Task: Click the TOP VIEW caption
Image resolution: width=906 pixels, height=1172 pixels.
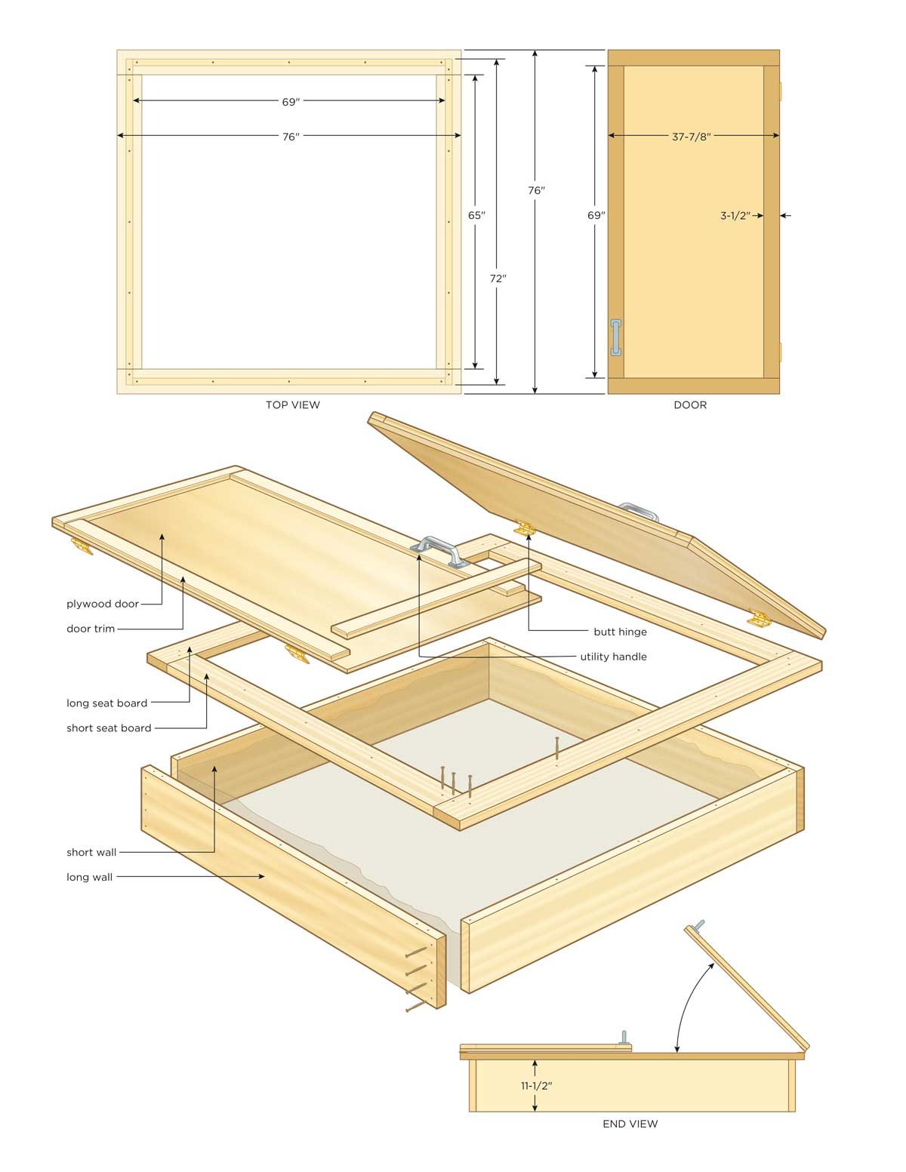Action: pyautogui.click(x=292, y=405)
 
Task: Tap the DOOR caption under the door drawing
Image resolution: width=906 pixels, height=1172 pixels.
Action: pyautogui.click(x=690, y=405)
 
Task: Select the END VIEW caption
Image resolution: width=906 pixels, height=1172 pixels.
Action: pyautogui.click(x=630, y=1124)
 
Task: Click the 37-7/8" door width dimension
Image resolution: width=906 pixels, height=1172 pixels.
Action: pyautogui.click(x=692, y=137)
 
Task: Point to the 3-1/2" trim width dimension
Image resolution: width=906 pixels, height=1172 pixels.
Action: pyautogui.click(x=735, y=216)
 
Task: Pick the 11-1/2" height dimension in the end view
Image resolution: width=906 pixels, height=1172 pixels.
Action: pyautogui.click(x=535, y=1086)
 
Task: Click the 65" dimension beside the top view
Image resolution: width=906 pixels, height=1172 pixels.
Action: pyautogui.click(x=476, y=215)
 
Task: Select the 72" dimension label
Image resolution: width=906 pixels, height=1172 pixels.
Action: pyautogui.click(x=498, y=278)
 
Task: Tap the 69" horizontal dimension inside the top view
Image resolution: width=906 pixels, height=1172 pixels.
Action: pyautogui.click(x=291, y=100)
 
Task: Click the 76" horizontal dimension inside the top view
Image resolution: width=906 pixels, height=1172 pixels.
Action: pyautogui.click(x=291, y=137)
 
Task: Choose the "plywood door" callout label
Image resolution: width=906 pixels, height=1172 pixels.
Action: pyautogui.click(x=103, y=604)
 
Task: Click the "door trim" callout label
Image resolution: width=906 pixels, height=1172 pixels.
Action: pyautogui.click(x=91, y=629)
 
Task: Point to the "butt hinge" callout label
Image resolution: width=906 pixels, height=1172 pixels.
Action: pyautogui.click(x=620, y=632)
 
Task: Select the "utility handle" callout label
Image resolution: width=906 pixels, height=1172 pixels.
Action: pyautogui.click(x=613, y=657)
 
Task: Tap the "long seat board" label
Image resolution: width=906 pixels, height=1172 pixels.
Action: pyautogui.click(x=106, y=703)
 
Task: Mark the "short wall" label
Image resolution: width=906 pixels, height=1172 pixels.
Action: pyautogui.click(x=91, y=852)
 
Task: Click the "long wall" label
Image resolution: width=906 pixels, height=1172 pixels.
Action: pyautogui.click(x=89, y=877)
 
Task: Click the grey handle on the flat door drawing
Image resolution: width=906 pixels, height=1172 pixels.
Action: pyautogui.click(x=616, y=337)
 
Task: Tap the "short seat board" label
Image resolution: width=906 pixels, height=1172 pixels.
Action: pyautogui.click(x=109, y=728)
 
